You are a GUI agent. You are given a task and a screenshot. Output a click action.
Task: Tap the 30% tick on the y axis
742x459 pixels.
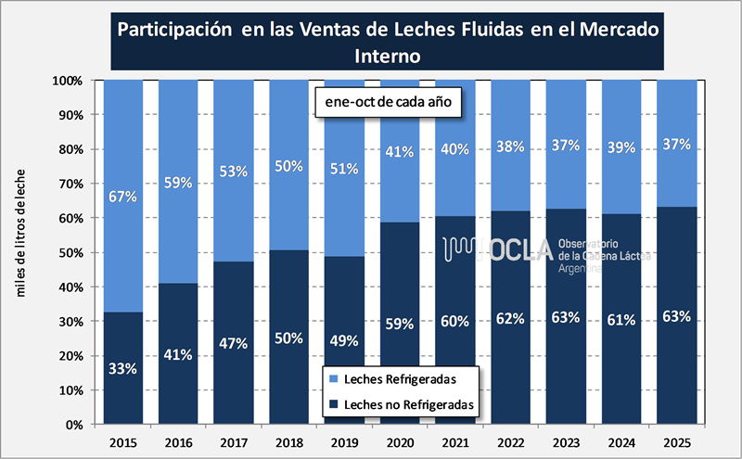pyautogui.click(x=70, y=322)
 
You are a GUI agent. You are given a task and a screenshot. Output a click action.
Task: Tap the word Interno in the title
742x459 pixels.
pyautogui.click(x=388, y=56)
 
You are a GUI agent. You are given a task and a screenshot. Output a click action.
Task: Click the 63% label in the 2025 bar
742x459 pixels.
pyautogui.click(x=676, y=316)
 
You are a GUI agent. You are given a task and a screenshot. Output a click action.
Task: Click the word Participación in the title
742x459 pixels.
pyautogui.click(x=173, y=28)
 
